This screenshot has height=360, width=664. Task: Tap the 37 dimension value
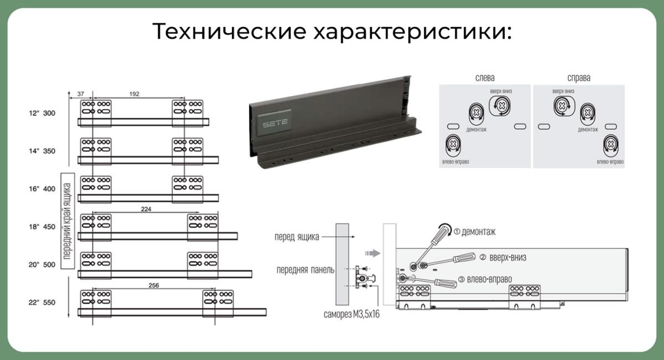point(80,93)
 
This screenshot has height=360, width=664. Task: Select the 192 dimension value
point(134,93)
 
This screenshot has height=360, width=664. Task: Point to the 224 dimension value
point(147,209)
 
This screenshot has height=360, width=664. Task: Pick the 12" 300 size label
point(43,113)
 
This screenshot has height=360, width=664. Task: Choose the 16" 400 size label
point(43,189)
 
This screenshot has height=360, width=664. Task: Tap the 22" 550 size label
point(43,303)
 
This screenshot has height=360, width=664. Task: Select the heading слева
point(485,78)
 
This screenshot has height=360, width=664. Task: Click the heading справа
point(578,78)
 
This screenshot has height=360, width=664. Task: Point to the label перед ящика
point(297,237)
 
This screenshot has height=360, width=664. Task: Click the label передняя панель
point(305,270)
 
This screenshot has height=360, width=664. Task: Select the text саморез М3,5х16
point(351,315)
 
